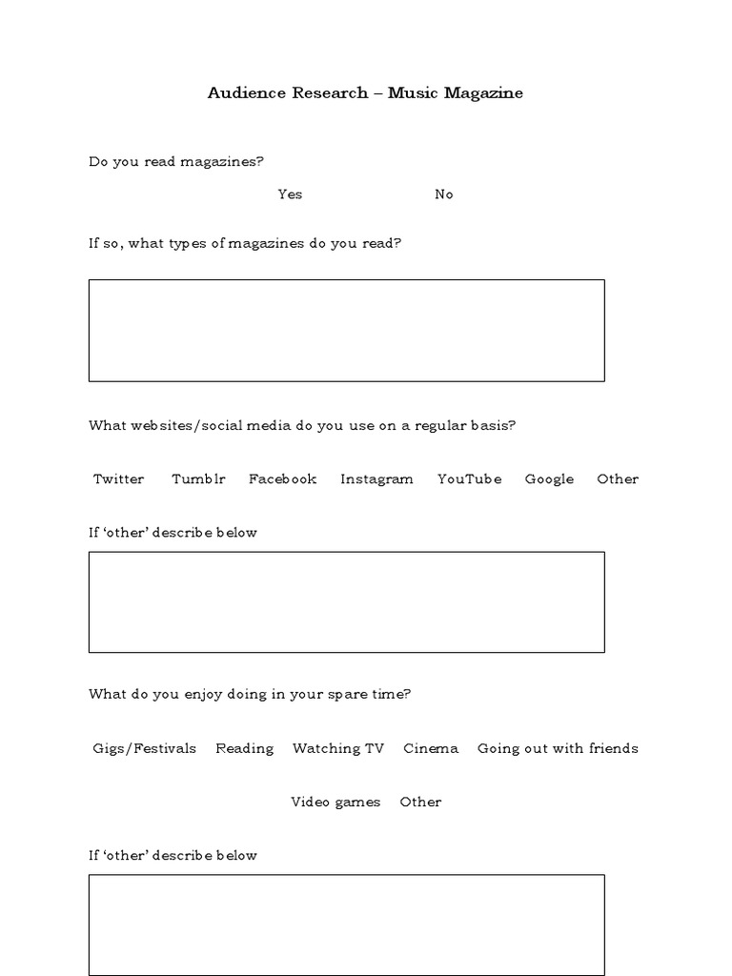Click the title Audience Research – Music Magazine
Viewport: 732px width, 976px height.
(365, 93)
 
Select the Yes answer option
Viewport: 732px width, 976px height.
(290, 194)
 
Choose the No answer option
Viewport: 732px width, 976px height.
(444, 194)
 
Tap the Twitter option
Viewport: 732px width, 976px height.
(119, 479)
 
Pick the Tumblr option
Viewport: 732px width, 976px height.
(198, 479)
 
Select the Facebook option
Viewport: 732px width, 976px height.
(282, 479)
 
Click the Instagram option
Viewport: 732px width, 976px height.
(376, 479)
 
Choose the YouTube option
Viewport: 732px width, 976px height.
(469, 479)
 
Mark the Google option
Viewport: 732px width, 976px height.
(549, 479)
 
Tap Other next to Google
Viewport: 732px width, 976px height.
(618, 479)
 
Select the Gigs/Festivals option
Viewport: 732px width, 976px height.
(145, 749)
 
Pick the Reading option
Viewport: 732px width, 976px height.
(244, 749)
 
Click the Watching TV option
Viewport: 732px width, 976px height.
(338, 749)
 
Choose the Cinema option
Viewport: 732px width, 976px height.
(431, 749)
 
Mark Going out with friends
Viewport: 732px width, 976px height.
(558, 749)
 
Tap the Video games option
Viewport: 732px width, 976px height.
(335, 803)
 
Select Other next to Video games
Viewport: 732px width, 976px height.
(420, 803)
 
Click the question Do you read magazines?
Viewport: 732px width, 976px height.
(176, 162)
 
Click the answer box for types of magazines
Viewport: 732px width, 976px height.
(346, 331)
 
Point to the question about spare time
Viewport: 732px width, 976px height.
(250, 695)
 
